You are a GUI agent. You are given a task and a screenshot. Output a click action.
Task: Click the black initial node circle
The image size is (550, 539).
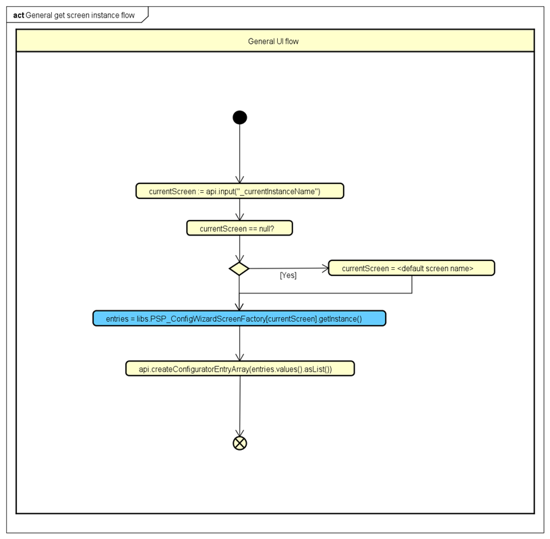[x=239, y=117]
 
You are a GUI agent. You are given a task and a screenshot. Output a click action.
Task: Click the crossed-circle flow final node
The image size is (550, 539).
[x=239, y=443]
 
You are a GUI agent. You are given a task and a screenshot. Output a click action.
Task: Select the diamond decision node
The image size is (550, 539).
[x=239, y=268]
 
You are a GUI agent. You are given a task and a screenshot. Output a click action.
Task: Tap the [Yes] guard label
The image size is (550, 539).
[x=288, y=276]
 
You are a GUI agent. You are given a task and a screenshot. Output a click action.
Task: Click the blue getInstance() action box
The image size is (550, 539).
[x=239, y=318]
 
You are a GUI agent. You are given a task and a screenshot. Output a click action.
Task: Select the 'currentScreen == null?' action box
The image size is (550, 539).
[x=239, y=229]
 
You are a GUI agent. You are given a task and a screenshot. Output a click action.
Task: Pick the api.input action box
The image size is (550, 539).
[x=239, y=191]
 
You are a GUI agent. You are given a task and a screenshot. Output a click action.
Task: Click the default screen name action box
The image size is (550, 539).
[x=411, y=268]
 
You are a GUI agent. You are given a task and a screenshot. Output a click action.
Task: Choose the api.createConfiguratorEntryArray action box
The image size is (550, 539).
[x=239, y=368]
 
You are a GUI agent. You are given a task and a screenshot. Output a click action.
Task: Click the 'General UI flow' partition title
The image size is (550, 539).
[x=273, y=41]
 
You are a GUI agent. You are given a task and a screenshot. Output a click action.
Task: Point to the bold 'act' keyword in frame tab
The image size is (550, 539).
[x=18, y=15]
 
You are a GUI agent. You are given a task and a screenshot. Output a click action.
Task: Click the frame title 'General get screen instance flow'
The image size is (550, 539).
[x=80, y=15]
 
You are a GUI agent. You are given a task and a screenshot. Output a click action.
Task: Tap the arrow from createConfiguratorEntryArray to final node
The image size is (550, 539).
[x=239, y=405]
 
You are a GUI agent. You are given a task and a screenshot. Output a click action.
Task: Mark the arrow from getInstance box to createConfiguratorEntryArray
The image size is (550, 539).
[x=239, y=343]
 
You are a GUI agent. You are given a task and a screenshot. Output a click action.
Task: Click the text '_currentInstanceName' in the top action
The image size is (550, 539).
[x=278, y=192]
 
